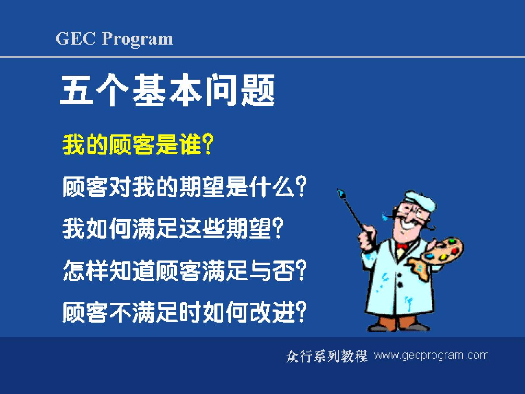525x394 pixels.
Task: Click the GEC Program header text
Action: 114,39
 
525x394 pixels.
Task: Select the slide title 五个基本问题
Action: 167,90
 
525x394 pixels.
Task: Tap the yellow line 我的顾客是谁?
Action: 138,144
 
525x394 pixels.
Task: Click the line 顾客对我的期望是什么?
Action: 185,186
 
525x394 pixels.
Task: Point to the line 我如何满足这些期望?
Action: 173,228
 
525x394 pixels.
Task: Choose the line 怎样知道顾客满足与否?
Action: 185,270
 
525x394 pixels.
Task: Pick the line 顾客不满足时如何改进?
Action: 185,312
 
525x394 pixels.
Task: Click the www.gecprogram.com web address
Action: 431,356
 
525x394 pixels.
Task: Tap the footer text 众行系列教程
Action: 327,356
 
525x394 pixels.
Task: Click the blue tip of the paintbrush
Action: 341,193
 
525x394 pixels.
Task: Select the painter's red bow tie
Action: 402,246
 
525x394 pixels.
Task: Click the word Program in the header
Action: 137,39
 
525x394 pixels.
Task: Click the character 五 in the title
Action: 76,90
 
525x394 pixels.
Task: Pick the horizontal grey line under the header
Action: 262,57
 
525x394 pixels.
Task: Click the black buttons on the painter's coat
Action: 400,280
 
